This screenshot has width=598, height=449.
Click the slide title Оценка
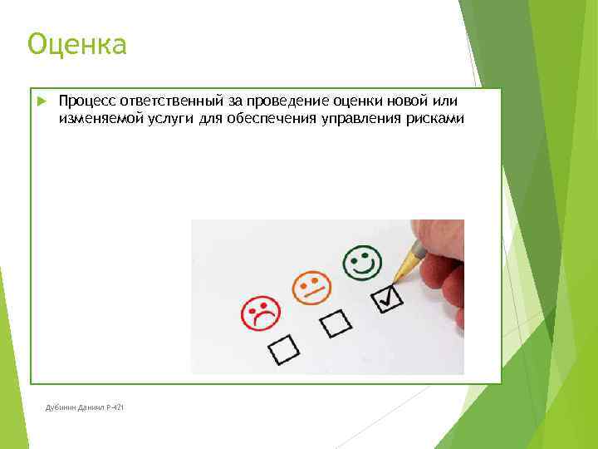[x=76, y=44]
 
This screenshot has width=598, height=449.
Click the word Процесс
[x=87, y=101]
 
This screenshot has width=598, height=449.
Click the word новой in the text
[x=403, y=101]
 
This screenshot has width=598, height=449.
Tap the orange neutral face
[x=311, y=286]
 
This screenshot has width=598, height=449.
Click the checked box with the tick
[x=387, y=297]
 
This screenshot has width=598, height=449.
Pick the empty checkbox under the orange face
[x=336, y=323]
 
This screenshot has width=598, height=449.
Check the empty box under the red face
[x=283, y=349]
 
